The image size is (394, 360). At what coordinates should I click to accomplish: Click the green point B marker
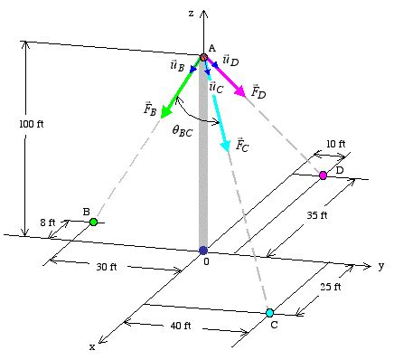[x=93, y=221]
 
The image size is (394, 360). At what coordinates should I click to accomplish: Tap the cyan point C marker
[x=269, y=312]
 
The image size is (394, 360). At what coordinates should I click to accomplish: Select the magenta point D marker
[x=323, y=175]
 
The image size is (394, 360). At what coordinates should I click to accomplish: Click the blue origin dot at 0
[x=203, y=250]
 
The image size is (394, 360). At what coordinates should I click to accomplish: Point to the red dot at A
[x=204, y=58]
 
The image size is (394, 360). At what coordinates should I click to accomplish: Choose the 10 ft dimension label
[x=335, y=144]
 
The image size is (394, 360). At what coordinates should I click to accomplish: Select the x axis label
[x=91, y=346]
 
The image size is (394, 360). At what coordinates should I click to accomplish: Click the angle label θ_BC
[x=183, y=130]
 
